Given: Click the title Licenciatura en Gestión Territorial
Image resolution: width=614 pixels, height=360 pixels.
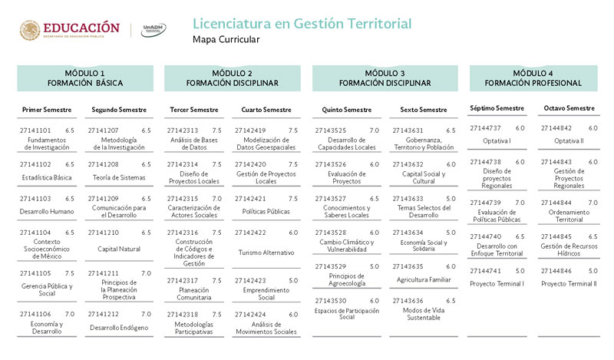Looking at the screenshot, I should (302, 24).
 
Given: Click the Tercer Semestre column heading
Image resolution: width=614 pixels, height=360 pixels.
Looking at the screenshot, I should (193, 110).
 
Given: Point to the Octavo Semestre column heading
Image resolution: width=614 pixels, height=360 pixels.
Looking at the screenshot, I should (569, 108).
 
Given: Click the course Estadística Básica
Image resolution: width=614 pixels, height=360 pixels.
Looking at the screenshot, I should (47, 178).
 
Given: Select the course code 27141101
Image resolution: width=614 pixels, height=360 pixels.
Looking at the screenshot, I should (35, 130).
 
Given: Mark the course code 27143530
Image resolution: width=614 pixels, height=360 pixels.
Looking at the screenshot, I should (332, 300).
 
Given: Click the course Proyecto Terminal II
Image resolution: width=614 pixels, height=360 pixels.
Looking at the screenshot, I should (569, 284).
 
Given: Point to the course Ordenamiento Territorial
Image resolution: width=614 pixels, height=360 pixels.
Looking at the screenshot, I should (569, 216).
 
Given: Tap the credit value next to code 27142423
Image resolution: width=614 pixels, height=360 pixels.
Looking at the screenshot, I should (293, 280).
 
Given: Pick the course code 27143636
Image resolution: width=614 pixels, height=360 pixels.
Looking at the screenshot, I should (408, 300).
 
